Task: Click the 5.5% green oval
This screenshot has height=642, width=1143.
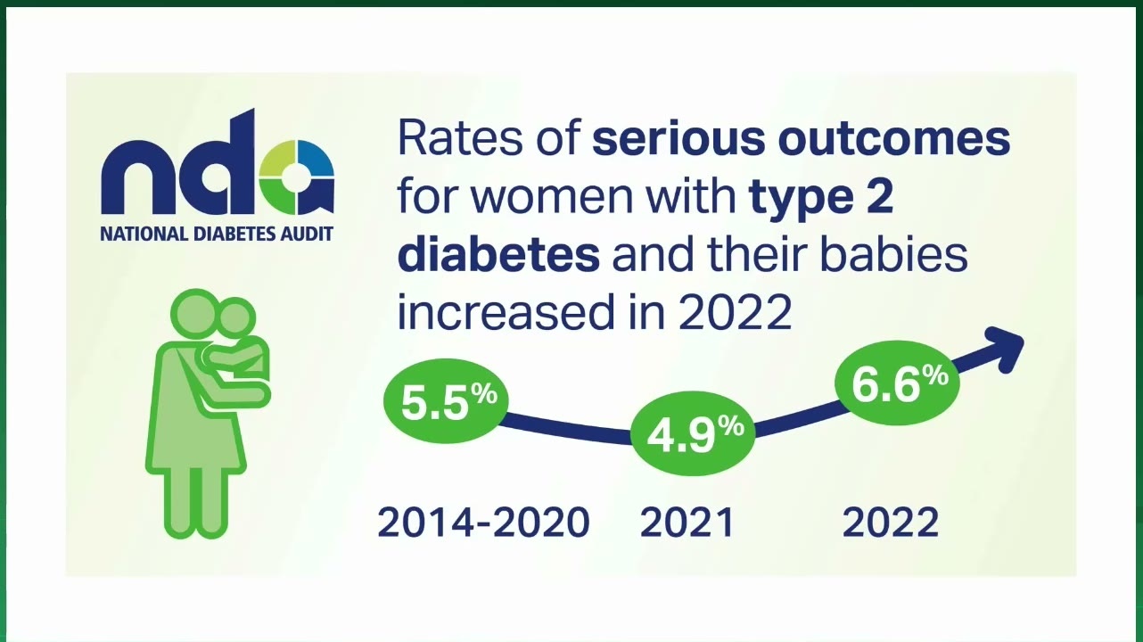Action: [x=446, y=403]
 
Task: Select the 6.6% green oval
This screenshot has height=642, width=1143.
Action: [x=897, y=383]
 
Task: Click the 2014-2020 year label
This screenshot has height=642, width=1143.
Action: [x=484, y=523]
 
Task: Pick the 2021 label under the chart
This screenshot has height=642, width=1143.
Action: [x=687, y=523]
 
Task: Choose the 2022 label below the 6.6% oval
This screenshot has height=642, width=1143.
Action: [x=891, y=523]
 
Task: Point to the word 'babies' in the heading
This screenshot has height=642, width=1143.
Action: [x=894, y=255]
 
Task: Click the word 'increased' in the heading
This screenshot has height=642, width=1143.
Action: [x=506, y=312]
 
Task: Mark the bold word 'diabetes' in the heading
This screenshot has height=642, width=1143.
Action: [x=498, y=255]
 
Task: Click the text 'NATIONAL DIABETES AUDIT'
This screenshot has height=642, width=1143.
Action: [x=217, y=235]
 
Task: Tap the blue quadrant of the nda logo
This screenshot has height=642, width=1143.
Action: [x=316, y=158]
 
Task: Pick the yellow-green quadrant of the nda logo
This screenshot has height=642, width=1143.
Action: [x=277, y=159]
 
